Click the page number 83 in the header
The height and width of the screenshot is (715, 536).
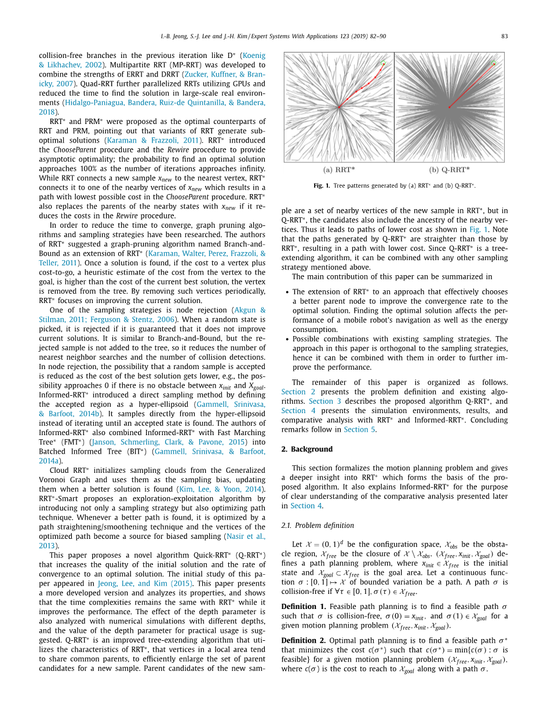[x=504, y=37]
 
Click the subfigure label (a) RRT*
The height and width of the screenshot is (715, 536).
[x=338, y=170]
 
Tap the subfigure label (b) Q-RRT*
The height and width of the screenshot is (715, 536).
[x=449, y=170]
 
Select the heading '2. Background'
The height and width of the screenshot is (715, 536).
[x=307, y=449]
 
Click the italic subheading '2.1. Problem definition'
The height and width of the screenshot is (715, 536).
[x=318, y=526]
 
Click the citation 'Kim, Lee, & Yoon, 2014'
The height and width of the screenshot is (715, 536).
[x=220, y=489]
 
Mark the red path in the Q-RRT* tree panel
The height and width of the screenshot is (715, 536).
[x=470, y=85]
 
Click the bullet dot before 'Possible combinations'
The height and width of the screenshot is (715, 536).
[x=287, y=339]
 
